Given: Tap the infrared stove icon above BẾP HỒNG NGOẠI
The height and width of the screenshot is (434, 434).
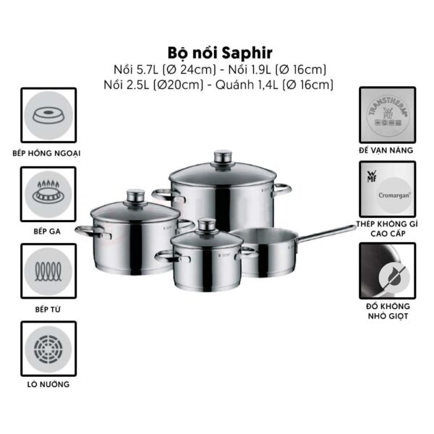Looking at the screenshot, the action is coord(48,115).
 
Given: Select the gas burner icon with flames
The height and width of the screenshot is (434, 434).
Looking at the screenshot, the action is coord(48,194).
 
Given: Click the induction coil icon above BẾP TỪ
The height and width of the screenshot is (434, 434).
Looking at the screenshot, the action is coord(48,271).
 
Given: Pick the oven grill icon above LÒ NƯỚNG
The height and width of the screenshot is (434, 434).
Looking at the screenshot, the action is coord(48,349).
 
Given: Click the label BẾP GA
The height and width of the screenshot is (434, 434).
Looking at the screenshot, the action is coord(47,231).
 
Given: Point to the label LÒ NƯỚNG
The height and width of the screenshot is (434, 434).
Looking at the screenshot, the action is coord(48,385).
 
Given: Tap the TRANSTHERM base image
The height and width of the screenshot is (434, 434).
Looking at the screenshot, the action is coord(388,115).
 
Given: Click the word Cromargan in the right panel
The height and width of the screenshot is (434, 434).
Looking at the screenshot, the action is coord(394,195).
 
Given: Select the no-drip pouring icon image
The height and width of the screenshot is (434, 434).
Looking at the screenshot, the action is coord(388,271).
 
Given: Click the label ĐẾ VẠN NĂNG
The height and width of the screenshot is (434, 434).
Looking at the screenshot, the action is coord(386,150).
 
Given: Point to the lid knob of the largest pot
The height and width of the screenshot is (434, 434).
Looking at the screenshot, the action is coord(223,157).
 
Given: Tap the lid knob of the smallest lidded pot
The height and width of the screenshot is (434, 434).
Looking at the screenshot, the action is coord(208,225).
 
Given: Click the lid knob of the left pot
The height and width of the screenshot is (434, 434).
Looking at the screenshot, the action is coord(136,196).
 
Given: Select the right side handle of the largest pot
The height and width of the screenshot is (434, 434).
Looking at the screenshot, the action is coord(282,190).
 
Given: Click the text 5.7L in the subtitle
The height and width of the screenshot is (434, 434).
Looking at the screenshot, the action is coord(148,69).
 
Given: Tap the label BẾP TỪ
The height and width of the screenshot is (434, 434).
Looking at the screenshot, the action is coord(48,309).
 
